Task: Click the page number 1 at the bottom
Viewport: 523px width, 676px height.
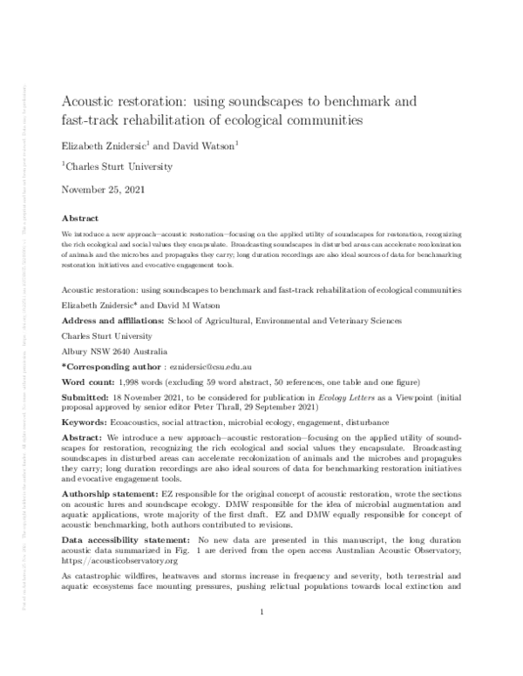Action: click(x=261, y=639)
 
